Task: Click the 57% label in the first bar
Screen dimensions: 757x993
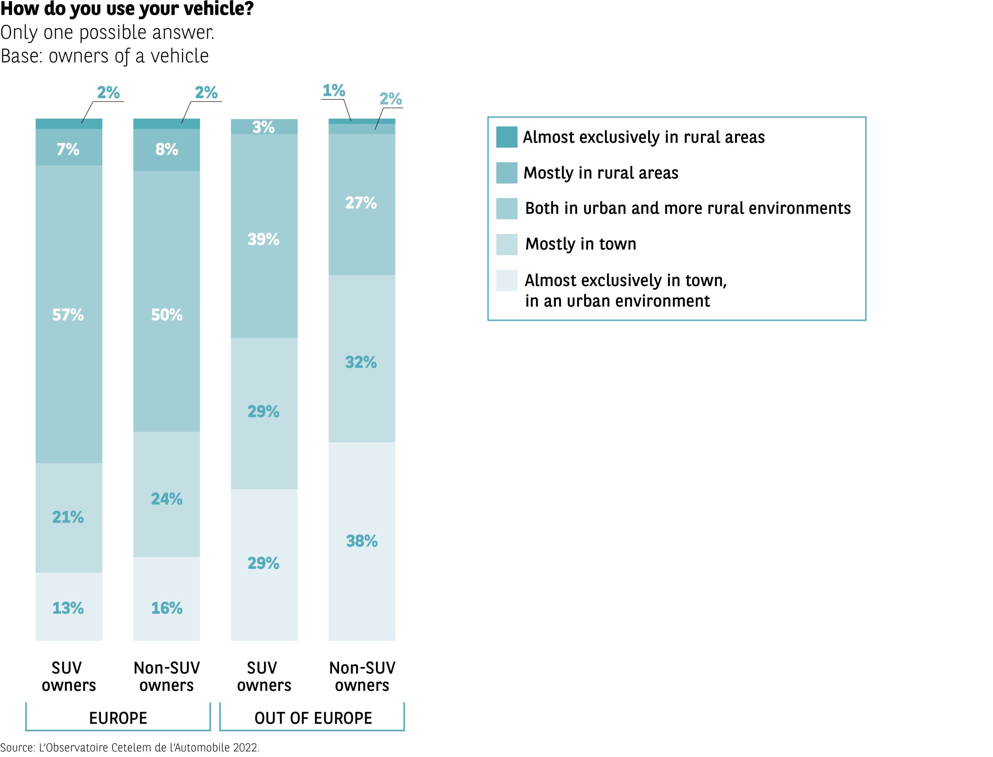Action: click(68, 315)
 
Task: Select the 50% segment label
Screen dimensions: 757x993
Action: click(167, 315)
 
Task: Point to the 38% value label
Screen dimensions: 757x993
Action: click(362, 541)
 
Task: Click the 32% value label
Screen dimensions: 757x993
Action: click(361, 362)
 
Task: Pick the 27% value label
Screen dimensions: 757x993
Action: click(361, 203)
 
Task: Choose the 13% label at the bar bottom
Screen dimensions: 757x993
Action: click(68, 608)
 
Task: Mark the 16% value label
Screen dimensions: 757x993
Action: click(167, 608)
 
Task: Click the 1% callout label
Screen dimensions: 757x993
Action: click(334, 90)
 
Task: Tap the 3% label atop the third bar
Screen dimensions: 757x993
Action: click(263, 127)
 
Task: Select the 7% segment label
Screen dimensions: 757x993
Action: click(68, 149)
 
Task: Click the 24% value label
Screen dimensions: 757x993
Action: click(167, 499)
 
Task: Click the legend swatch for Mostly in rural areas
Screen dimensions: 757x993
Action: click(507, 173)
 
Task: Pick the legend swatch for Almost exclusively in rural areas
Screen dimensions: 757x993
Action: click(507, 137)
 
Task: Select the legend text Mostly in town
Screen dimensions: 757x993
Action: click(581, 244)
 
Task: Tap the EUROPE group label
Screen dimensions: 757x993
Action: click(118, 718)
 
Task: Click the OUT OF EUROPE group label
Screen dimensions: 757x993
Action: click(313, 718)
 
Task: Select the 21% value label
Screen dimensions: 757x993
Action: click(68, 517)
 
